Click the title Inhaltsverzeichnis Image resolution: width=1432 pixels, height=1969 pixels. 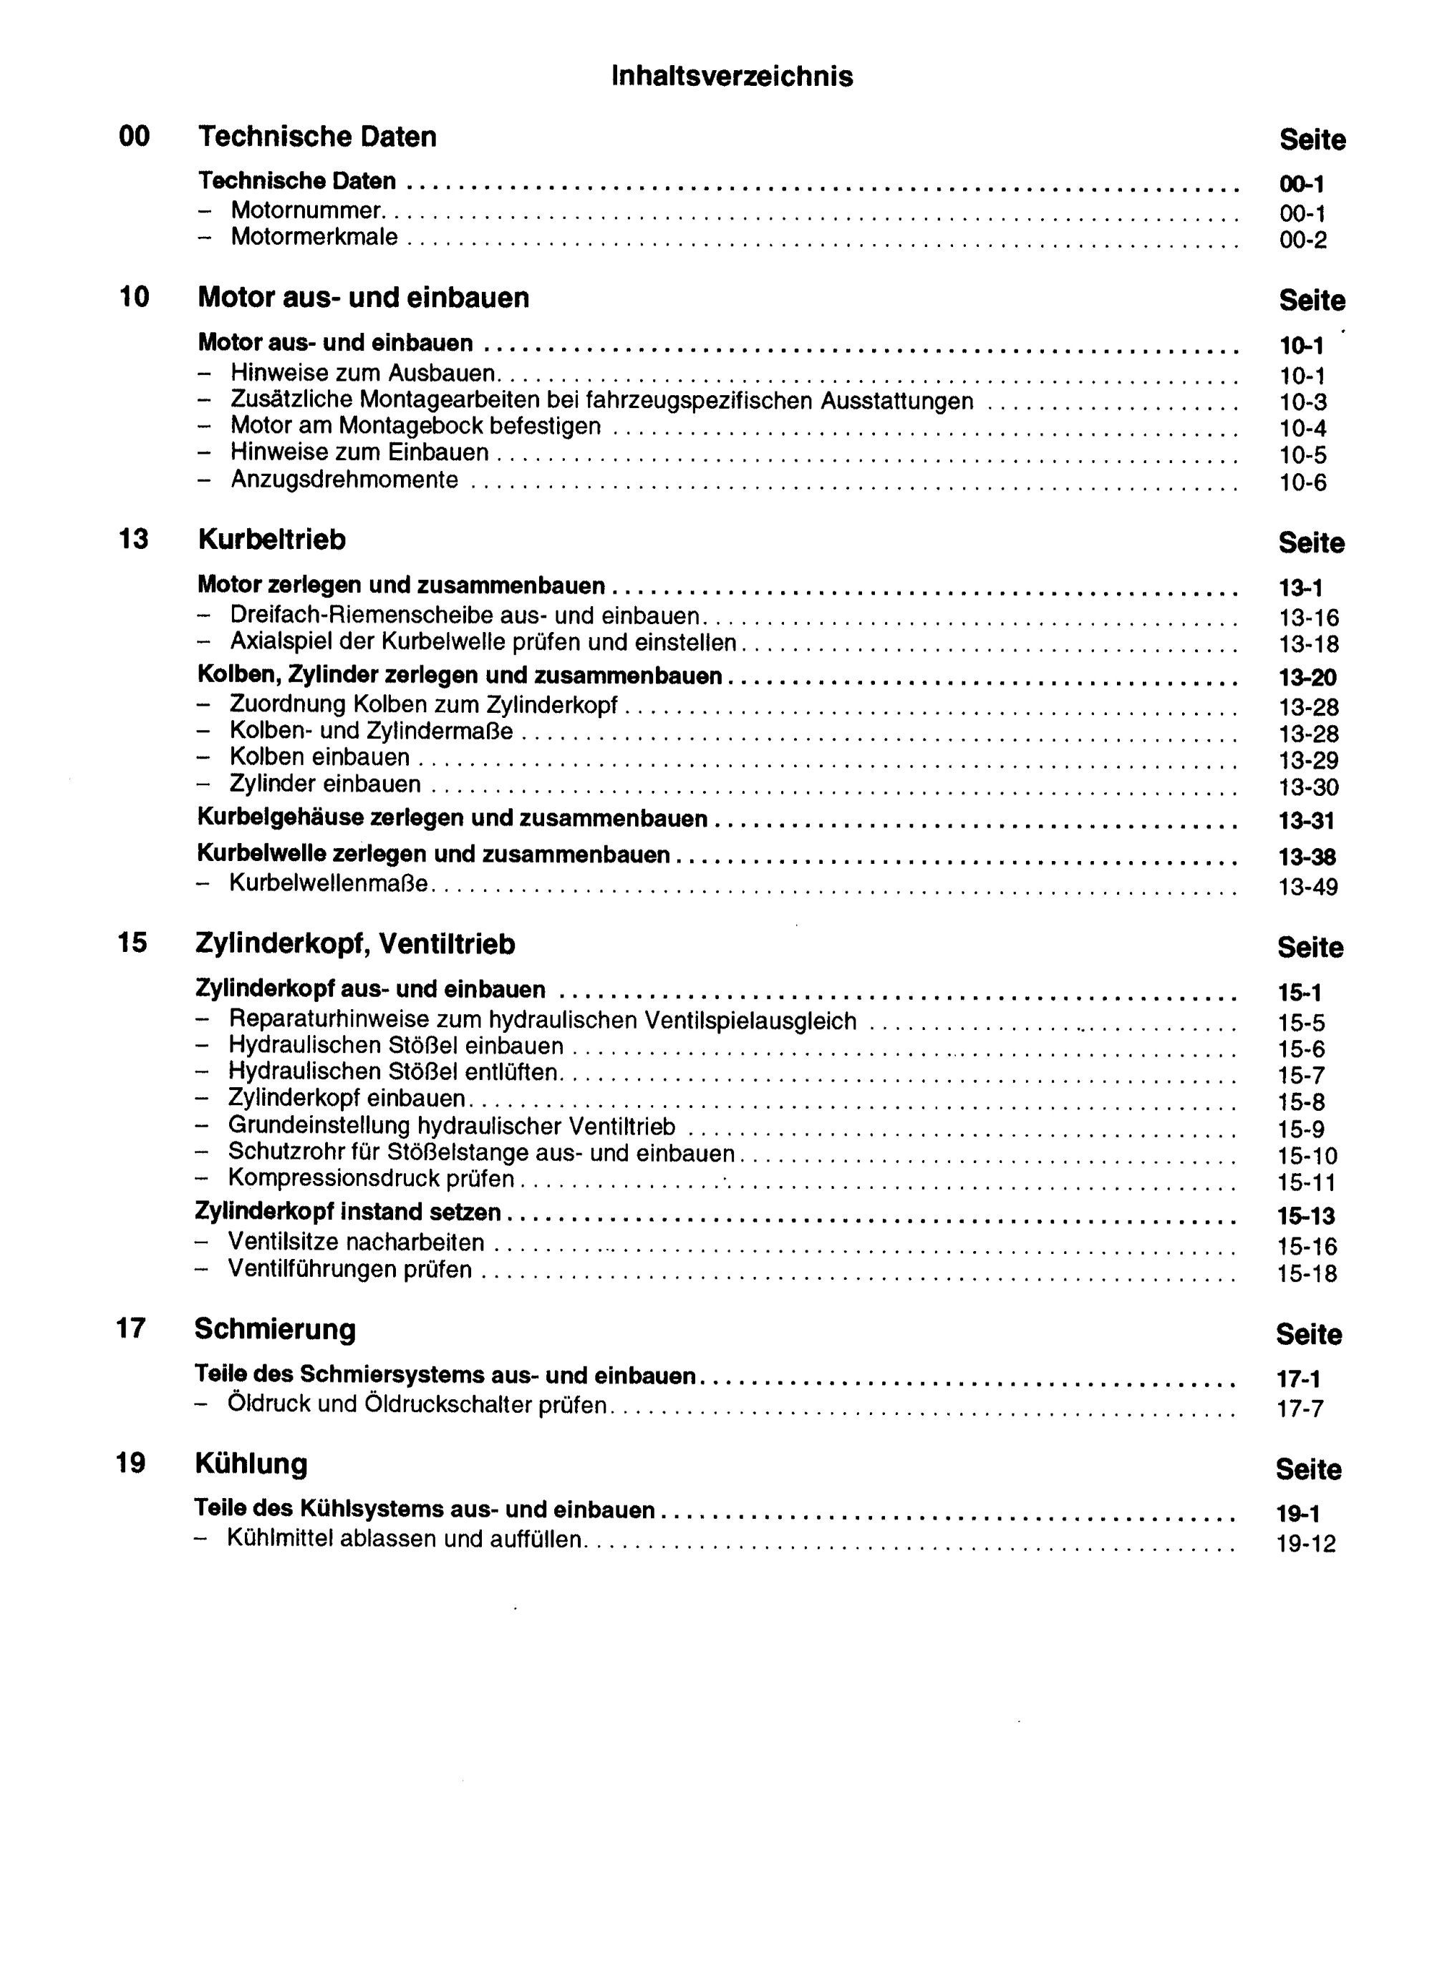(732, 77)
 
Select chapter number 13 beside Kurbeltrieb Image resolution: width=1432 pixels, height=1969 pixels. (134, 539)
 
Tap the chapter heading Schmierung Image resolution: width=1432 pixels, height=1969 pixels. (274, 1329)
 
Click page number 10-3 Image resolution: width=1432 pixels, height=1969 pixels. (1302, 402)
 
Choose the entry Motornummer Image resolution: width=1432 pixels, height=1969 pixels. (306, 210)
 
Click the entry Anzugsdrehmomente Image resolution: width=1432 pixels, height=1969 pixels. (344, 480)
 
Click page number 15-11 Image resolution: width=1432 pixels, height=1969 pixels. (1306, 1182)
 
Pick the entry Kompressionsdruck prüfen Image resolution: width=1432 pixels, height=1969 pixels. (371, 1178)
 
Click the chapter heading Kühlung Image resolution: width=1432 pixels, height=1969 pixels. (251, 1464)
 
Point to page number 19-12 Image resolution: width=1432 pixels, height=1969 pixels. (1305, 1544)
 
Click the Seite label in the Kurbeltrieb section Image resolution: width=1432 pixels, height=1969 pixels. (1310, 543)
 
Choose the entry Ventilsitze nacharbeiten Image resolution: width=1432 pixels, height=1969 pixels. (356, 1243)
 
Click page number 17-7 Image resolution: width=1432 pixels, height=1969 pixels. (1300, 1408)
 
